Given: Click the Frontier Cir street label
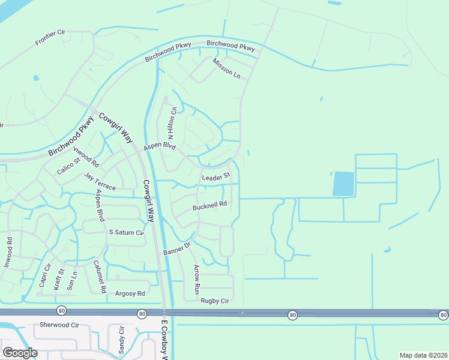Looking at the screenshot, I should pyautogui.click(x=50, y=37).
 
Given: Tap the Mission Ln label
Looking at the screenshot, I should pyautogui.click(x=226, y=68).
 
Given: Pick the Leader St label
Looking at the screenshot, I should pyautogui.click(x=216, y=177).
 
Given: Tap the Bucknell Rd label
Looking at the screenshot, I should pyautogui.click(x=209, y=205).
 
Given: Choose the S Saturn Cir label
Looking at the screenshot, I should pyautogui.click(x=126, y=232).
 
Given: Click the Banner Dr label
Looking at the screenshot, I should pyautogui.click(x=177, y=248).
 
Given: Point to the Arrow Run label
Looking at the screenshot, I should pyautogui.click(x=196, y=279).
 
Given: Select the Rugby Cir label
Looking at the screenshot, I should pyautogui.click(x=215, y=301).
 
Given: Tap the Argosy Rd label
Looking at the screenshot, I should pyautogui.click(x=130, y=293).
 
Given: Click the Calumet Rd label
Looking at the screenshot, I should pyautogui.click(x=99, y=276).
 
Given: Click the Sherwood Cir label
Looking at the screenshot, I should pyautogui.click(x=59, y=325).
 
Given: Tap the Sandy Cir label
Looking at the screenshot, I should pyautogui.click(x=121, y=339).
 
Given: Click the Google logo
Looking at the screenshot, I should pyautogui.click(x=19, y=353).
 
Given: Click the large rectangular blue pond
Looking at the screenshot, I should pyautogui.click(x=343, y=184).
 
